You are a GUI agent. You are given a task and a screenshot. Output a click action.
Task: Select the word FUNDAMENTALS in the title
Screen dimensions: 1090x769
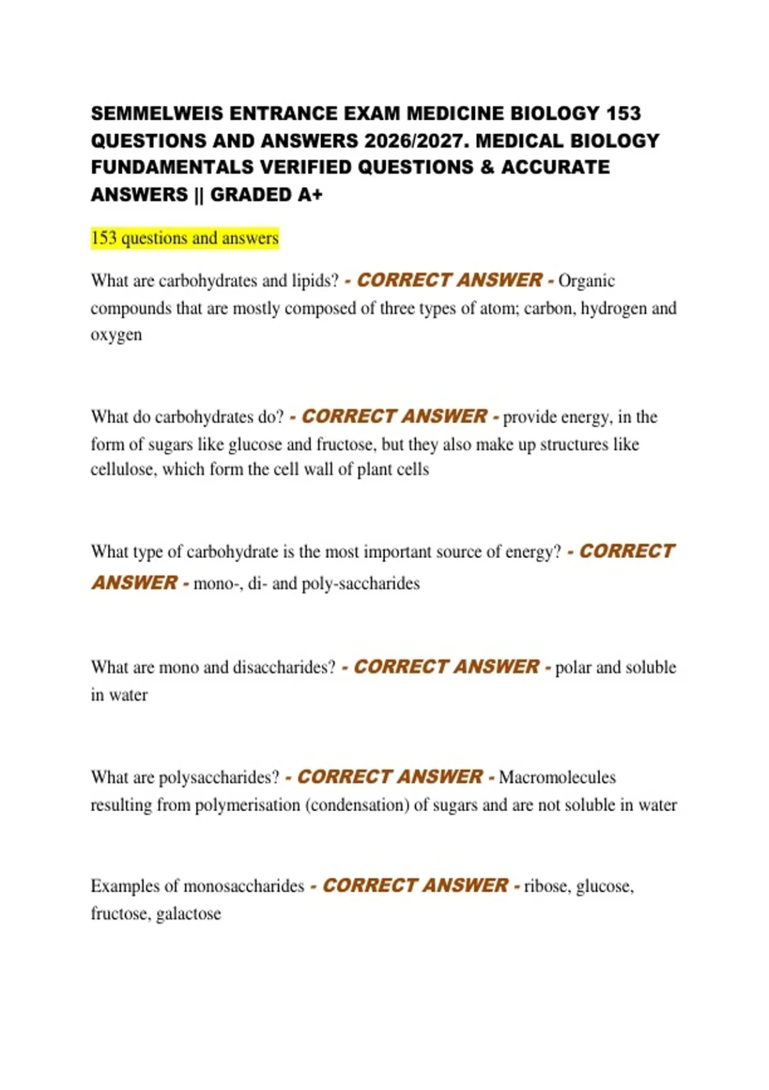point(172,167)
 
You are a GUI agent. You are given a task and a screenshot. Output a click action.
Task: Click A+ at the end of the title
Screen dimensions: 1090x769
point(310,194)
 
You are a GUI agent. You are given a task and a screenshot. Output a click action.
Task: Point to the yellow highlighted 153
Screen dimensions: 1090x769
point(104,238)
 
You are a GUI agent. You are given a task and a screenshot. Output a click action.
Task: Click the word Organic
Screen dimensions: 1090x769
point(586,281)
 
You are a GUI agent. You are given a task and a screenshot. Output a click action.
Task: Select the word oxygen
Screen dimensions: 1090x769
point(116,335)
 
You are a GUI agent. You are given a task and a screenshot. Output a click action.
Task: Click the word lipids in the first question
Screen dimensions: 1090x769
point(315,281)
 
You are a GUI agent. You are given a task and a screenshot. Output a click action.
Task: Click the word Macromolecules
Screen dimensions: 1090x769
point(557,777)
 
